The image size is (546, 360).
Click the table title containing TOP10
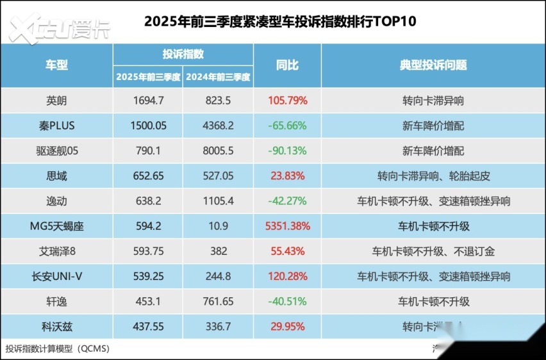(280, 21)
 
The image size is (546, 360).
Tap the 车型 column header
(56, 65)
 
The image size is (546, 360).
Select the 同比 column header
(287, 65)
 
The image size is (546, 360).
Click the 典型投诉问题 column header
(433, 65)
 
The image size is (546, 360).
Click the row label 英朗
(56, 101)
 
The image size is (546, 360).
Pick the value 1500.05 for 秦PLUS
(148, 126)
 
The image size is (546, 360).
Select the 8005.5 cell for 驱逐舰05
(219, 151)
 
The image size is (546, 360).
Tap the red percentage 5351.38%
(287, 226)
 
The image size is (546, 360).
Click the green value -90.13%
(287, 151)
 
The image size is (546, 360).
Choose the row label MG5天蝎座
(56, 226)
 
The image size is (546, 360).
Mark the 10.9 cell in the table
(219, 226)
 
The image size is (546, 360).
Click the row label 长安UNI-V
(56, 277)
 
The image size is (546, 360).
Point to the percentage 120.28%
(287, 277)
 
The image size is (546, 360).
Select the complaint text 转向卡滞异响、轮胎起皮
(433, 176)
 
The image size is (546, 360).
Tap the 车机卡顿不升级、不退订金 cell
(433, 252)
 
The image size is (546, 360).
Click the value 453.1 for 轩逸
(148, 302)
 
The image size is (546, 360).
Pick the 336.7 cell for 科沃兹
(219, 327)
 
